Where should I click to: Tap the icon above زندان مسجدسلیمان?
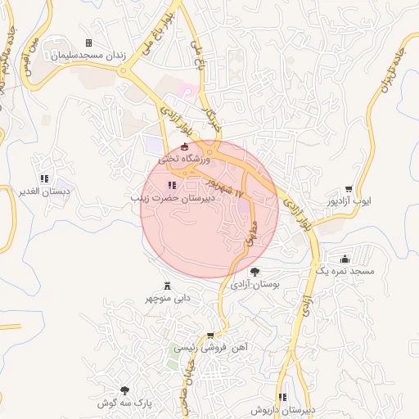point(88,43)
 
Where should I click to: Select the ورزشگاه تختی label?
point(184,160)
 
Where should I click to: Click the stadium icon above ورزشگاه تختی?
point(184,147)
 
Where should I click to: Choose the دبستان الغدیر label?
point(45,191)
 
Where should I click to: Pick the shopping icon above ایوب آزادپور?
point(349,188)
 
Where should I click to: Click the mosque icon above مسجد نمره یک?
point(345,259)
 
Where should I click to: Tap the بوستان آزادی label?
point(255,285)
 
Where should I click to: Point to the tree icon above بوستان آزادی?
point(255,272)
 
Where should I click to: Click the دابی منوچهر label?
point(167,299)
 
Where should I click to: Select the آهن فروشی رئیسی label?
point(211,347)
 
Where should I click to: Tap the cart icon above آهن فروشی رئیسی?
point(210,336)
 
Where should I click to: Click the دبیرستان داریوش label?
point(283,409)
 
